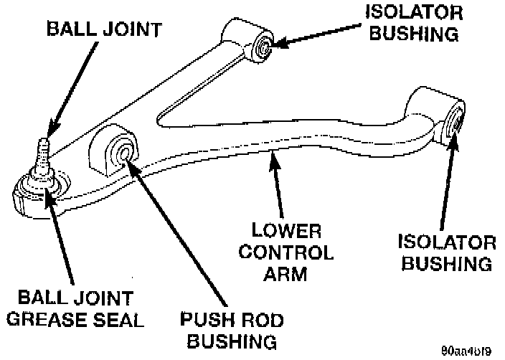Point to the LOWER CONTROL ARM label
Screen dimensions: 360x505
click(x=287, y=252)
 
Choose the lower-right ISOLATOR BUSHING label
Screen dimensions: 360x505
click(x=446, y=252)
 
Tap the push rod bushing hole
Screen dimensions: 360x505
click(x=123, y=152)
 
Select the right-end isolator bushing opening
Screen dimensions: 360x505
click(x=453, y=120)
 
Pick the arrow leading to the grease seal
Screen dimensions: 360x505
click(x=61, y=237)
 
